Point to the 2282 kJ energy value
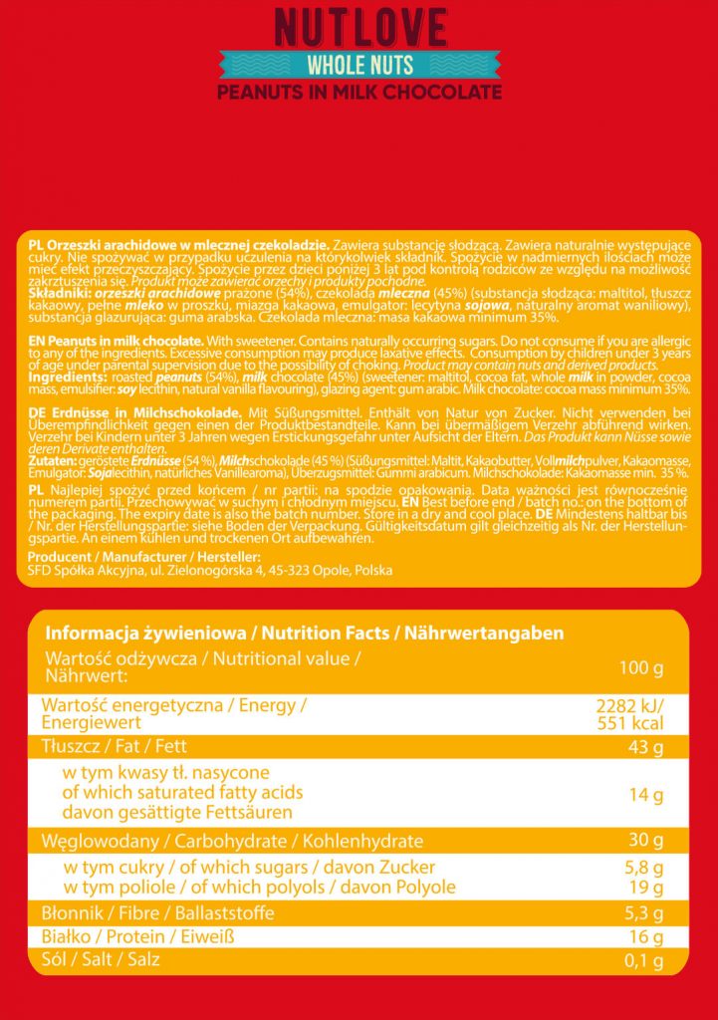628,706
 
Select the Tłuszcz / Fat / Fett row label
115,747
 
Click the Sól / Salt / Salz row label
100,959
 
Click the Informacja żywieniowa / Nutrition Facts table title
305,633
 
